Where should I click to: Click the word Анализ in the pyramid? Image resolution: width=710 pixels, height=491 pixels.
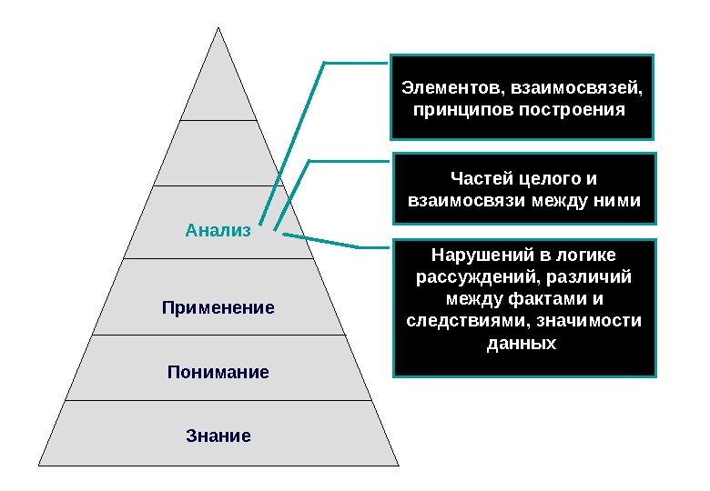tap(217, 230)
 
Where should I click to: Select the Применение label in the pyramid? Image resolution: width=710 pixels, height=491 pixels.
tap(218, 308)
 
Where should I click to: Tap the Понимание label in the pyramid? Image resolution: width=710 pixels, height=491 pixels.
tap(218, 372)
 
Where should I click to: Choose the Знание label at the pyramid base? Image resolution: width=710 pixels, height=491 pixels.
tap(218, 436)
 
